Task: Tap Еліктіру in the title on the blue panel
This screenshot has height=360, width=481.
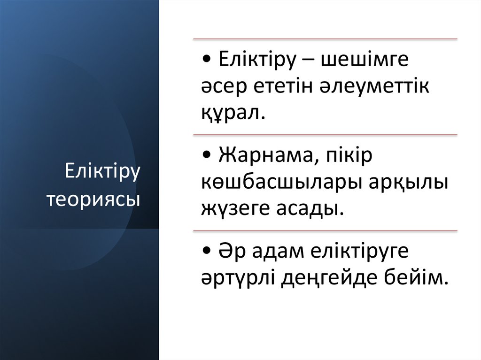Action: click(103, 172)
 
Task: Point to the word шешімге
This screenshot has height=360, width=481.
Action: click(365, 61)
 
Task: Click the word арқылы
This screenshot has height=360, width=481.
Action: click(410, 182)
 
